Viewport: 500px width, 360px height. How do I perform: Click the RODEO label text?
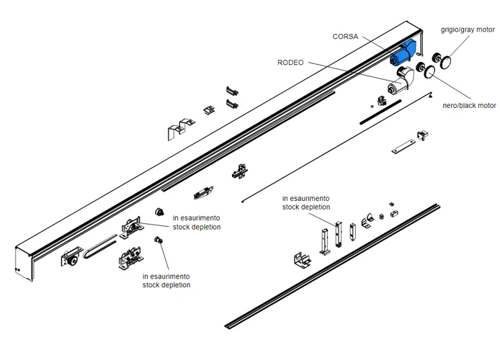[x=291, y=63]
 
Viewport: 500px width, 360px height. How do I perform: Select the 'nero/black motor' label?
[x=469, y=105]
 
